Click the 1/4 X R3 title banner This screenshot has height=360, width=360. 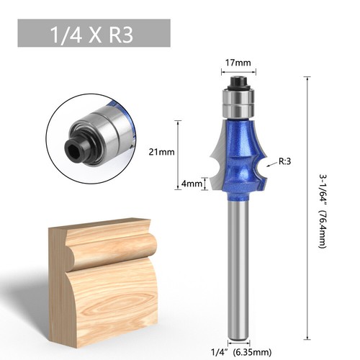point(94,34)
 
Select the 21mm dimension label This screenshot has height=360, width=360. point(166,152)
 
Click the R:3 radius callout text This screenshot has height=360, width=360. point(284,162)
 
